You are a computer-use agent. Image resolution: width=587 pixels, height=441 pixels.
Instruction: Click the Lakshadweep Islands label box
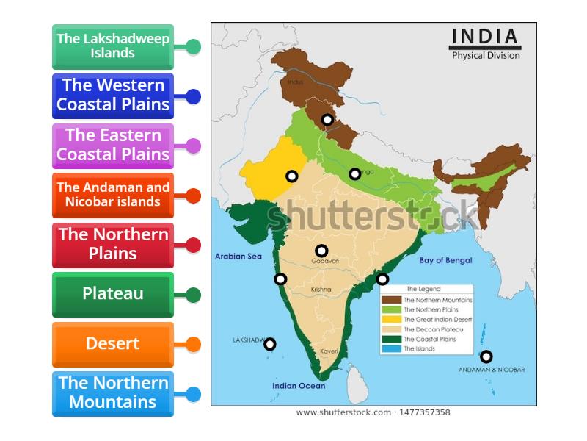(x=113, y=46)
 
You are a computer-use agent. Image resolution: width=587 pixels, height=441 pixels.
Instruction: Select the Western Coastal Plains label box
(x=113, y=96)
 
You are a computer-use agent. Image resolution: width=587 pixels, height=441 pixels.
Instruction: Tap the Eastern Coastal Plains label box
(x=113, y=146)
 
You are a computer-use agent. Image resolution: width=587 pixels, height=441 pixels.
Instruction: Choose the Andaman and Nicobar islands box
(x=113, y=195)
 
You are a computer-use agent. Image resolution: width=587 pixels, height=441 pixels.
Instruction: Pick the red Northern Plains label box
(x=113, y=245)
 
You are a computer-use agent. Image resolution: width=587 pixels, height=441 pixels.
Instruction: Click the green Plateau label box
(x=113, y=294)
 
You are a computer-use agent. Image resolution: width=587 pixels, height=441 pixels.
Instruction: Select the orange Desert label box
(x=113, y=344)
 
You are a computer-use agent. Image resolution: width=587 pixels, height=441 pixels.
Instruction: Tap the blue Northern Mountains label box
(x=113, y=393)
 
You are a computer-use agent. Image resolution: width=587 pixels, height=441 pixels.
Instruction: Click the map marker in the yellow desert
(x=292, y=176)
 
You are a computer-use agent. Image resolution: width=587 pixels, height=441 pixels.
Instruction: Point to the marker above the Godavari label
(x=321, y=251)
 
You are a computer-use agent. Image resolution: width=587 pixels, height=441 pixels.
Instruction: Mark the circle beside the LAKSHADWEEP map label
(x=270, y=344)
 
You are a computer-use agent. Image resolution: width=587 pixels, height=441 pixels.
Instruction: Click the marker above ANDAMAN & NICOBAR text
(x=486, y=356)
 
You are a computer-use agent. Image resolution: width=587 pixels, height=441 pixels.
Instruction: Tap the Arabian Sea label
(x=238, y=257)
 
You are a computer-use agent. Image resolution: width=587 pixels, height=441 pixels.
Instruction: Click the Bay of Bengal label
(x=445, y=260)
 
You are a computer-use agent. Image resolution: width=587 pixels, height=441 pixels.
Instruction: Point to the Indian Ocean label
(x=298, y=386)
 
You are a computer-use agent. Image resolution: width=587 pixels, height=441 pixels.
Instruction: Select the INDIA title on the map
(x=485, y=37)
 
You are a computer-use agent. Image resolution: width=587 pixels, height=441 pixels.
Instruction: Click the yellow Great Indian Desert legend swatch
(x=392, y=320)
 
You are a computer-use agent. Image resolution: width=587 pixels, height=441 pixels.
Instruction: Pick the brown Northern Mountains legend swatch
(x=392, y=300)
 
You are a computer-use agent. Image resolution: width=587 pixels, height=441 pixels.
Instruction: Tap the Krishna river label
(x=321, y=290)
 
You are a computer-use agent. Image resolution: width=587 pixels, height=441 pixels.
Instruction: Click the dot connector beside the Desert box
(x=194, y=344)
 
